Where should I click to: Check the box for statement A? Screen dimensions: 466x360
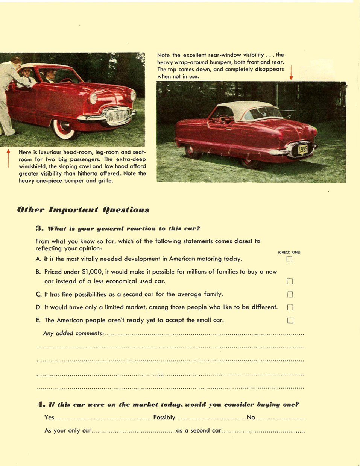[x=289, y=259]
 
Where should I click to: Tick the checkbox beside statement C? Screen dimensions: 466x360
[x=290, y=294]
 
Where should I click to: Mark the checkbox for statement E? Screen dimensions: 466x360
[x=290, y=320]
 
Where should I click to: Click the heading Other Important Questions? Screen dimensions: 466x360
[x=83, y=210]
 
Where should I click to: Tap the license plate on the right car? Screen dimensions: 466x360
[x=302, y=150]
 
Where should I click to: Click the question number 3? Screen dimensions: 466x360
[x=38, y=228]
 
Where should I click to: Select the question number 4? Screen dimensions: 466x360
[x=41, y=404]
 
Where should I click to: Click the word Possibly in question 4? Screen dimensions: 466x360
[x=164, y=417]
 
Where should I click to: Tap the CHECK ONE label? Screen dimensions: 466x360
[x=289, y=252]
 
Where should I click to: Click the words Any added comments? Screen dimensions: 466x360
[x=73, y=333]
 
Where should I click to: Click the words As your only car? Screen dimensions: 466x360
[x=68, y=430]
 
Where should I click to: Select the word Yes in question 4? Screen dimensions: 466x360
[x=49, y=417]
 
